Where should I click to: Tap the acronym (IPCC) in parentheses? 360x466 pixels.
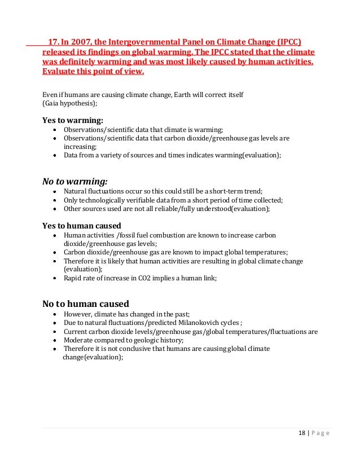coord(287,42)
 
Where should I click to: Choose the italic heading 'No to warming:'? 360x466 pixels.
coord(75,182)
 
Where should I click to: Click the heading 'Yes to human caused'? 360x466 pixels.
coord(81,225)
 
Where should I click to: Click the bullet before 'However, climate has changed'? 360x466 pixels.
coord(54,314)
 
